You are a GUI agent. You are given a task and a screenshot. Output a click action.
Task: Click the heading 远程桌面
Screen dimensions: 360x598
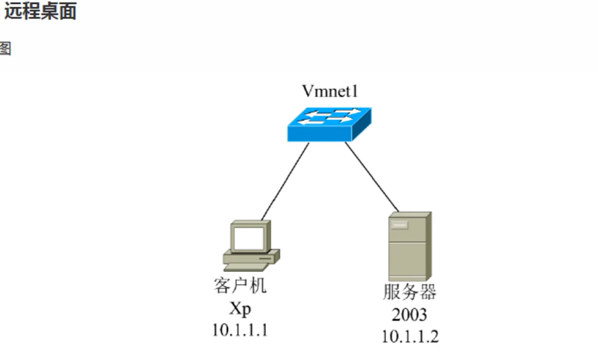point(40,11)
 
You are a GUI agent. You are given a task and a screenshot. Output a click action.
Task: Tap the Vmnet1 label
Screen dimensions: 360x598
point(330,91)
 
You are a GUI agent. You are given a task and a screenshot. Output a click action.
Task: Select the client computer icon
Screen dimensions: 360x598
point(251,245)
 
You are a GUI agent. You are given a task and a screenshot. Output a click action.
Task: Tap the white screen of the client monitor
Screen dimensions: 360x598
point(248,238)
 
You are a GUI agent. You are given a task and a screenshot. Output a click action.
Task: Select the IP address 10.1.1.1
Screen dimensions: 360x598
point(240,330)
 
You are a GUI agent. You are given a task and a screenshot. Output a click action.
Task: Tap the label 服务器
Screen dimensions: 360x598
point(409,292)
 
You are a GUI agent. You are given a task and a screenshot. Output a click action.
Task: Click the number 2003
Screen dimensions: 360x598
point(409,314)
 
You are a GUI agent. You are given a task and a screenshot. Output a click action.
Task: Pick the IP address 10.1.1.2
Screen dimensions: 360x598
point(410,336)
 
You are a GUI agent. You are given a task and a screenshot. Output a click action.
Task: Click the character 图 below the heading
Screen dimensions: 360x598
point(4,49)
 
